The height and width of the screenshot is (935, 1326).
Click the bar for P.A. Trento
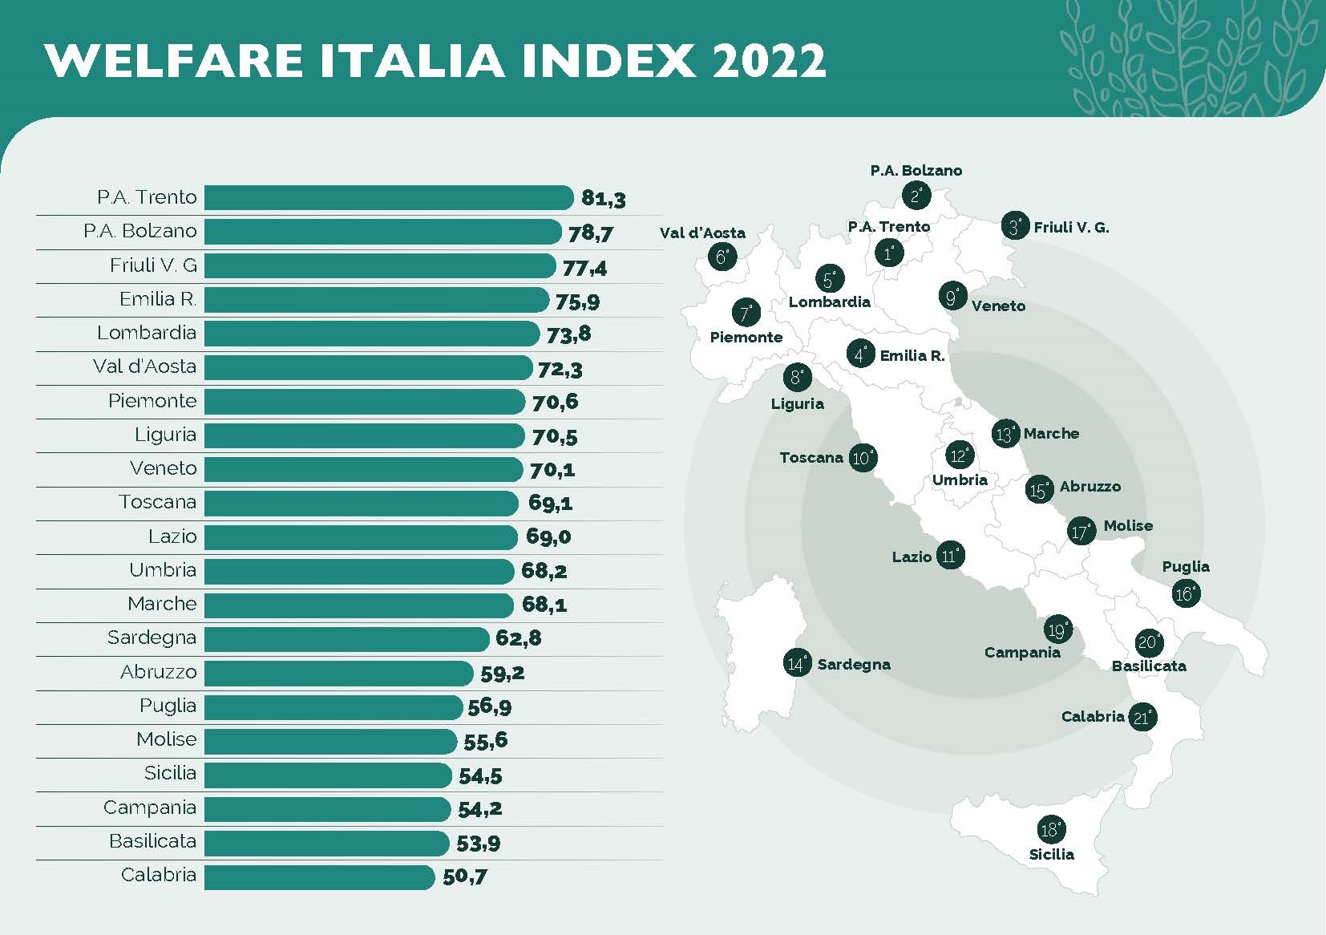(x=389, y=197)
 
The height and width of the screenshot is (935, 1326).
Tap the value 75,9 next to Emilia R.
(x=577, y=302)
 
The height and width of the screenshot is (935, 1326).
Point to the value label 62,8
(x=519, y=638)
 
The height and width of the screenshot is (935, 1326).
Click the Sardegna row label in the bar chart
(x=152, y=637)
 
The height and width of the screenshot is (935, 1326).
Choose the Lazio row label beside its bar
(x=172, y=536)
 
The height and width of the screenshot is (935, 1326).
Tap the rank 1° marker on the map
(x=888, y=253)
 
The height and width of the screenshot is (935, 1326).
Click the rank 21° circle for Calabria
(x=1142, y=717)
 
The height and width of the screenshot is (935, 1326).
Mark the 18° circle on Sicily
(x=1050, y=830)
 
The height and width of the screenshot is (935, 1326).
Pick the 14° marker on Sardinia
(x=798, y=663)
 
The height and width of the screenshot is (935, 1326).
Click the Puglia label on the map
(x=1186, y=567)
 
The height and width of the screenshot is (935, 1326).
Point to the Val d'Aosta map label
(x=702, y=233)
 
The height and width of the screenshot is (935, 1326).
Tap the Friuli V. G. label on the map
(x=1071, y=228)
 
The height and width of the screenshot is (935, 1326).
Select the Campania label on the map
(x=1022, y=653)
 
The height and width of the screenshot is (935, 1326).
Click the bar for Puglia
(x=334, y=706)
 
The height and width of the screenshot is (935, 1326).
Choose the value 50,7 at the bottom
(x=464, y=876)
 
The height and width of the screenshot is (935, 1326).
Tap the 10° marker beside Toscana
(x=862, y=458)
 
